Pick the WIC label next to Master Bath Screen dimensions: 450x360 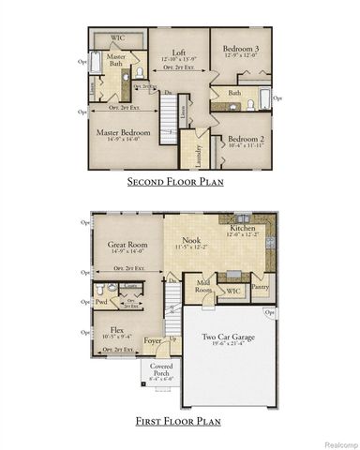(117, 38)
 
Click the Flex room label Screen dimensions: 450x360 (117, 330)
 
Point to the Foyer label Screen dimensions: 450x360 (151, 341)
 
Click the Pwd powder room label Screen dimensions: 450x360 (101, 302)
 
